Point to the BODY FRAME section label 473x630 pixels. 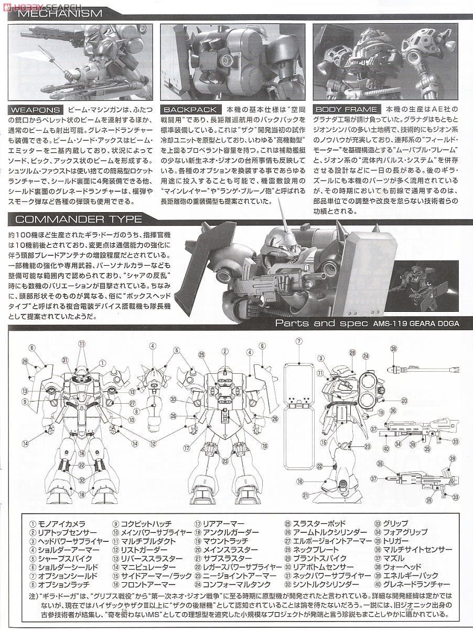pos(346,109)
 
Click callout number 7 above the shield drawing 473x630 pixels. pos(298,341)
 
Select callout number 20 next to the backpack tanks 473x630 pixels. pos(404,401)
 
